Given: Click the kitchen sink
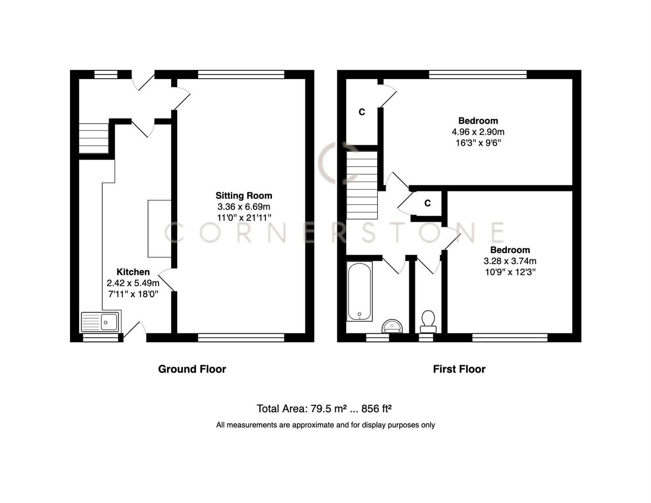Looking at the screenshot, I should [100, 321].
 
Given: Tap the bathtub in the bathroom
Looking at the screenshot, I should [360, 292].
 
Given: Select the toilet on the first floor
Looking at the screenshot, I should [428, 321].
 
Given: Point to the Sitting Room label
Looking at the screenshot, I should [243, 196].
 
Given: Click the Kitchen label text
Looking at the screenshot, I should [133, 272].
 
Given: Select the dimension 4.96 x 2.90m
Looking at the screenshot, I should [478, 132].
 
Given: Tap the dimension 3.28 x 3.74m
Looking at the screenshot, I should [510, 261].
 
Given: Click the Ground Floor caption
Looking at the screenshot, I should [192, 369].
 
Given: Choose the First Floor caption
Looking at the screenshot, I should [459, 369].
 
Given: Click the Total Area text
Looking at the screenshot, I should [324, 409].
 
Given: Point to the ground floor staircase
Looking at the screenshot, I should [93, 138].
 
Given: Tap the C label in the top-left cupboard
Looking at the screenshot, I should [361, 112].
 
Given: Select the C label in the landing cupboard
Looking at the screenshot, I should [427, 204].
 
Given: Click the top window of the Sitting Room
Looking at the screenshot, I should [241, 74].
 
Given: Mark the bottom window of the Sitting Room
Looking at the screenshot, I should [241, 338].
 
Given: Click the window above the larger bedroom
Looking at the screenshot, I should [478, 74].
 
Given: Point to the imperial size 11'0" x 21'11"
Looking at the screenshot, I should [243, 218].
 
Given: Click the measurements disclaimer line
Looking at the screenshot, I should [325, 425].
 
